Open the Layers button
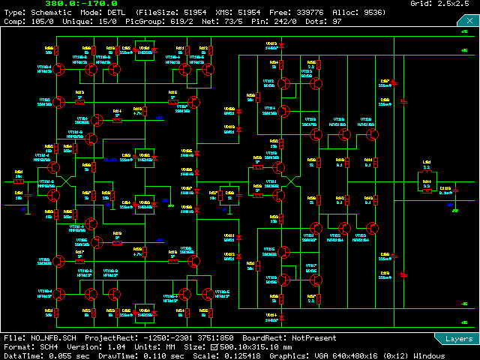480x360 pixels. (458, 339)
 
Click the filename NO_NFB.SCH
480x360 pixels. (53, 339)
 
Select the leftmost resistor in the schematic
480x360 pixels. (19, 181)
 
